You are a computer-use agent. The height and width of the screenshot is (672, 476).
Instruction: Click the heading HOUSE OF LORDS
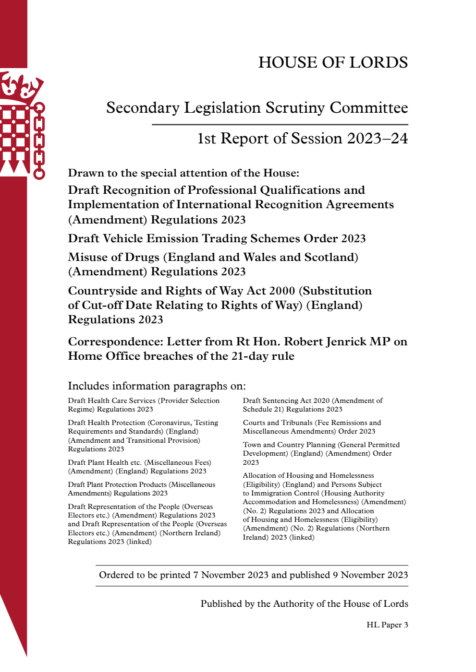click(333, 62)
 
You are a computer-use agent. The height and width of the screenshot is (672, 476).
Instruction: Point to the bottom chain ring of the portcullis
click(39, 173)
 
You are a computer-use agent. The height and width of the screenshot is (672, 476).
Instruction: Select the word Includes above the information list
click(86, 386)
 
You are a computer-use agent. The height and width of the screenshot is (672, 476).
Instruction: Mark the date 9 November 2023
click(370, 575)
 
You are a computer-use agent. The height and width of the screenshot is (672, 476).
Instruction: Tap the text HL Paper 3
click(387, 625)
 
